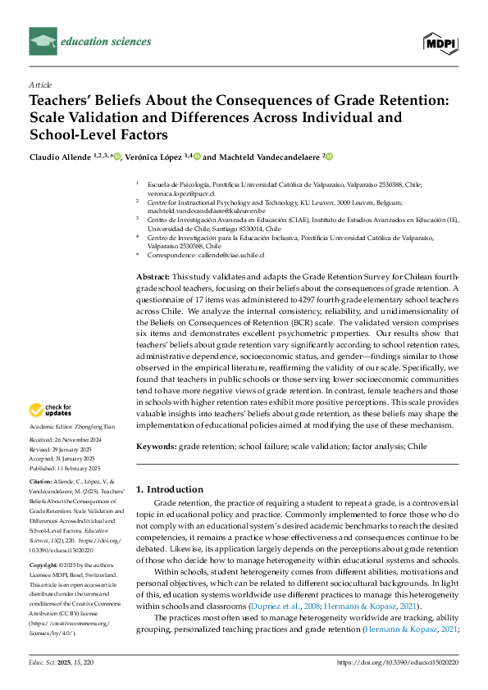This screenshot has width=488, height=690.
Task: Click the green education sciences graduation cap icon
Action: [x=41, y=39]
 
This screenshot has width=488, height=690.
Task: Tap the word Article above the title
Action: [x=40, y=84]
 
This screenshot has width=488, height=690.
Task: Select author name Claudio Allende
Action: [x=63, y=157]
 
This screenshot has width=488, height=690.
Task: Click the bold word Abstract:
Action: [x=153, y=277]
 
